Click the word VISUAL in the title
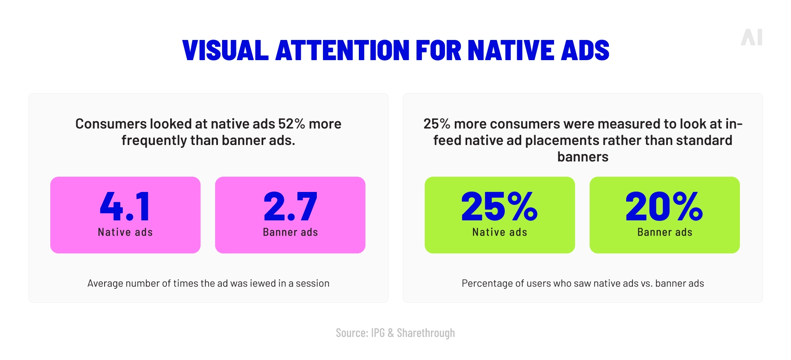(225, 51)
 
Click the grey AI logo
(751, 37)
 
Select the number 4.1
(125, 206)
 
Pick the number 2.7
(290, 206)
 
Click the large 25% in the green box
(499, 206)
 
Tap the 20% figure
(664, 206)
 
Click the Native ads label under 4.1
(125, 232)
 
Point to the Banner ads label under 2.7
(290, 232)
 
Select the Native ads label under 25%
(499, 232)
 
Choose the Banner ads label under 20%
(665, 232)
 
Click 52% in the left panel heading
(291, 124)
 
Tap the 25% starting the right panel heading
(437, 124)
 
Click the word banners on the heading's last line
(583, 157)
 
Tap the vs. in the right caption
(646, 283)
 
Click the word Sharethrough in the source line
(426, 333)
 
